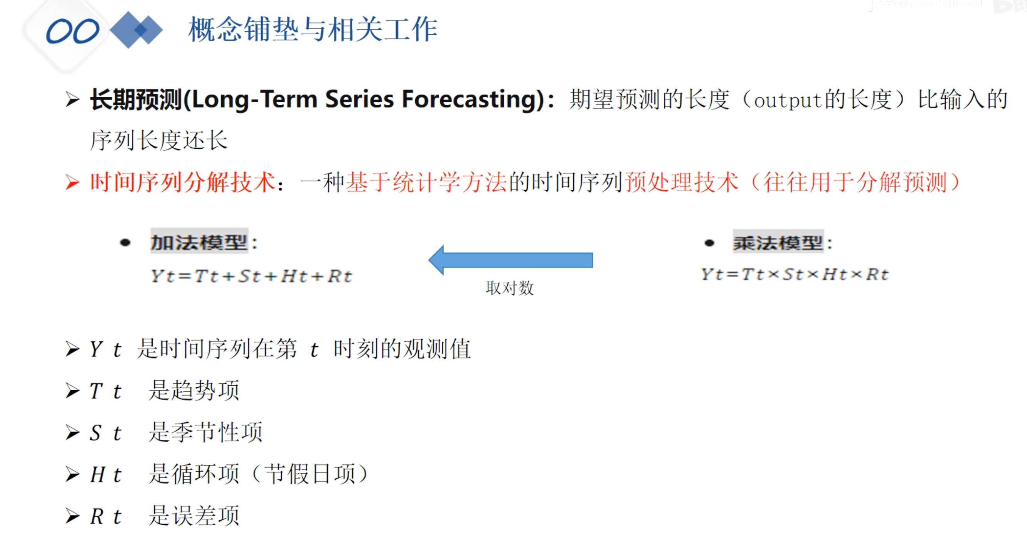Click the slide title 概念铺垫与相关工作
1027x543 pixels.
[x=313, y=30]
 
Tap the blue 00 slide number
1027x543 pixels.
[x=72, y=31]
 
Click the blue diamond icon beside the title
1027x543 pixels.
[x=136, y=30]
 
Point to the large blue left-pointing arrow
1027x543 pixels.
[x=511, y=260]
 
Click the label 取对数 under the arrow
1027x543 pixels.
[x=510, y=288]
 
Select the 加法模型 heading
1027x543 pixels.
[x=199, y=242]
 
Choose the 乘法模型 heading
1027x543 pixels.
[x=778, y=243]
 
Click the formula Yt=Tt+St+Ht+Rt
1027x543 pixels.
[x=252, y=276]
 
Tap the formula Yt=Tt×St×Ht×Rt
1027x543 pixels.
[x=795, y=275]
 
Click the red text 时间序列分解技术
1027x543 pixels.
[x=183, y=182]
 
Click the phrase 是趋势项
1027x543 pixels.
[x=194, y=390]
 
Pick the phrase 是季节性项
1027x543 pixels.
[x=206, y=432]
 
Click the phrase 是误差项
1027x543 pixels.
[x=194, y=516]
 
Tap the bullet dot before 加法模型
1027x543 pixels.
[x=125, y=243]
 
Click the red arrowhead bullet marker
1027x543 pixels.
[x=72, y=183]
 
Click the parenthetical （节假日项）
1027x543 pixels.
[x=310, y=474]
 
